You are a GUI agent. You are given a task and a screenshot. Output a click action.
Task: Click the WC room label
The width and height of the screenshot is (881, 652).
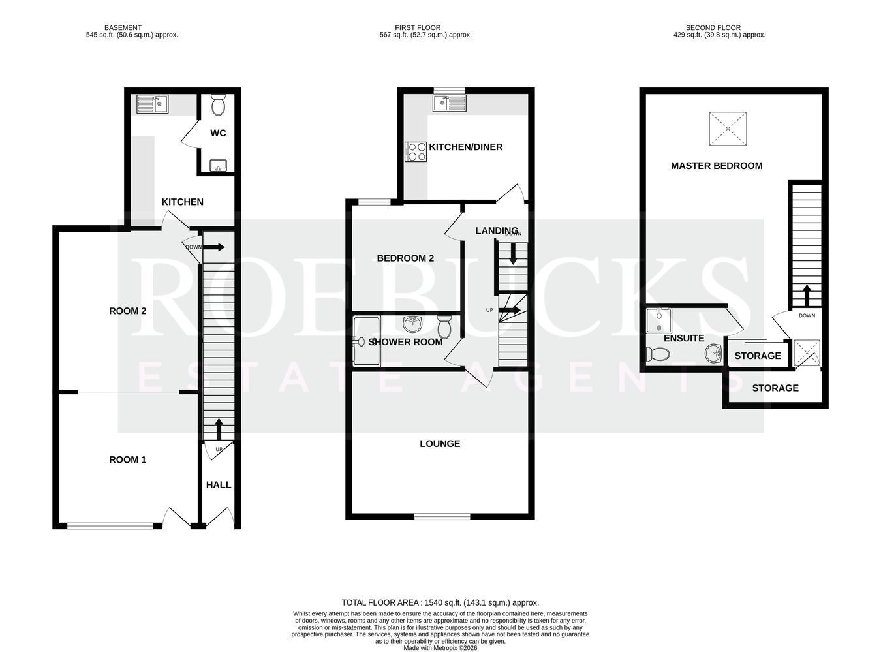point(218,133)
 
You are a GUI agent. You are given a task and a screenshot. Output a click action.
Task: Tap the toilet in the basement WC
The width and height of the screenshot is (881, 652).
point(218,105)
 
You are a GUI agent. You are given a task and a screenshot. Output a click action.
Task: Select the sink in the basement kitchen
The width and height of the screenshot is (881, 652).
point(152,104)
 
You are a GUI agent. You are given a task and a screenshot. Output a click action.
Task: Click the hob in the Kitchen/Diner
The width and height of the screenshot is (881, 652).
point(416,152)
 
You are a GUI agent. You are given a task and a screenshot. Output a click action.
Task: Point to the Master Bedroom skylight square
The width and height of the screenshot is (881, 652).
point(728,129)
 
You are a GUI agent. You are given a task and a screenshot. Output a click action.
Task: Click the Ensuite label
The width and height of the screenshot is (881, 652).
point(684,338)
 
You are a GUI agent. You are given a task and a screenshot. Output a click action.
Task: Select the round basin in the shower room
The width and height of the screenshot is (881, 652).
point(412,324)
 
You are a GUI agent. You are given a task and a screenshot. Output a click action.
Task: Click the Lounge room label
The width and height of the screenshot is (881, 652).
point(440,443)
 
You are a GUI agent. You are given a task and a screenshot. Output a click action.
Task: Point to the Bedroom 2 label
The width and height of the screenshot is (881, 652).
point(405,258)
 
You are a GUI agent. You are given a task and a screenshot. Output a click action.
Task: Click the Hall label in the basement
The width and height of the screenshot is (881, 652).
point(219,485)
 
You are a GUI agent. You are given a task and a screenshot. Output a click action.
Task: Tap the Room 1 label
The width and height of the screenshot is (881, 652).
point(127,459)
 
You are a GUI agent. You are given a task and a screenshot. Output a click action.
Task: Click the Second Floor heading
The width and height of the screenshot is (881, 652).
point(713,28)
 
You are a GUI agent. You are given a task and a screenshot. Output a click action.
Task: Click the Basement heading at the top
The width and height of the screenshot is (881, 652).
point(123,28)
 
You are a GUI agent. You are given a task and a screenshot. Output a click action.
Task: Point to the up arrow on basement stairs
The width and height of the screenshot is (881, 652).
point(219,429)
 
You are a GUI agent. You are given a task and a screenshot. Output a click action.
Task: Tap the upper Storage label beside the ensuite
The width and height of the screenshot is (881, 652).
point(758,356)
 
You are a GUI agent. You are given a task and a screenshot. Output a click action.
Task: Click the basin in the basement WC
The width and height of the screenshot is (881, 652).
point(218,165)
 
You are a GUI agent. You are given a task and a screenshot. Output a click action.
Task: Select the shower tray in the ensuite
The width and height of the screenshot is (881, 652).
point(658,320)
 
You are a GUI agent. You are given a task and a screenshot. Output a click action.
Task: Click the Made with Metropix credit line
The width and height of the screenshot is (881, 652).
point(440,648)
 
